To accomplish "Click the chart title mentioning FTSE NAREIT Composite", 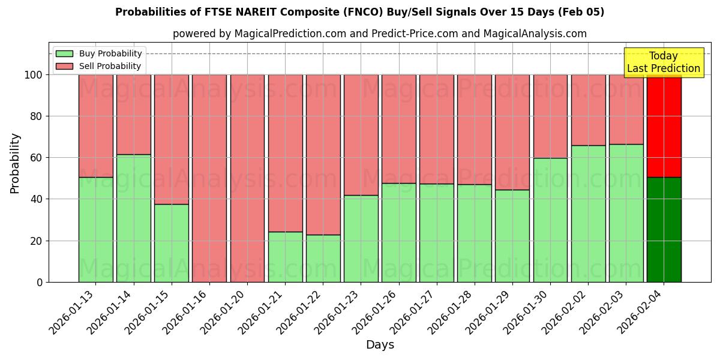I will [359, 12].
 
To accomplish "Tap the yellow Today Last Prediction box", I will [663, 62].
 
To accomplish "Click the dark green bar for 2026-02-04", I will [664, 229].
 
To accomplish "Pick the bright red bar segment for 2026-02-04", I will [664, 126].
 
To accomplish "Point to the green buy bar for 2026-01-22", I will [323, 258].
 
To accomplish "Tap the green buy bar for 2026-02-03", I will [626, 213].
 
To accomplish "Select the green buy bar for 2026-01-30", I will [550, 220].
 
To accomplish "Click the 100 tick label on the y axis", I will [33, 75].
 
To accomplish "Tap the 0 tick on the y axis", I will [40, 282].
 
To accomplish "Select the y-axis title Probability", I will [15, 163].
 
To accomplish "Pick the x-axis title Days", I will [380, 345].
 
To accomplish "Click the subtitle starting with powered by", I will [379, 34].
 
